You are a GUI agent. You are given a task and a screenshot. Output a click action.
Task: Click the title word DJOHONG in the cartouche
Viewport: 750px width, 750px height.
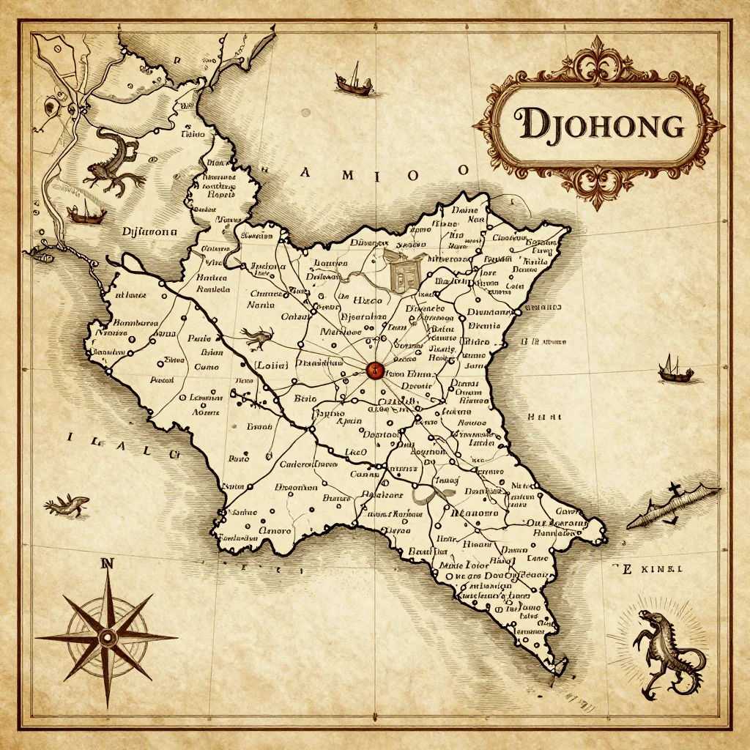pyautogui.click(x=600, y=125)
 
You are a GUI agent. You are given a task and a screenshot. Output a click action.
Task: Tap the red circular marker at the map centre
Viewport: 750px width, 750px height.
pyautogui.click(x=374, y=370)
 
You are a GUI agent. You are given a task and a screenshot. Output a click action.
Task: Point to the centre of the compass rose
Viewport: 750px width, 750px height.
pyautogui.click(x=108, y=636)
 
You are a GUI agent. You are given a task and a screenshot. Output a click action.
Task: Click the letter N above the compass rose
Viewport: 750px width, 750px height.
pyautogui.click(x=108, y=564)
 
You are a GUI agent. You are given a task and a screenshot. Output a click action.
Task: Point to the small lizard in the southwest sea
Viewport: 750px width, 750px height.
pyautogui.click(x=67, y=504)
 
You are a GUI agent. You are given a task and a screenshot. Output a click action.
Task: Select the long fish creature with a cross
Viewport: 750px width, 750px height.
pyautogui.click(x=674, y=505)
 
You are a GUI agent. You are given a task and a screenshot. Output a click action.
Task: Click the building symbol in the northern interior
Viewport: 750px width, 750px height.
pyautogui.click(x=401, y=271)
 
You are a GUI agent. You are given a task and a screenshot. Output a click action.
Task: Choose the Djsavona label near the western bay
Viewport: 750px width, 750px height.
pyautogui.click(x=149, y=231)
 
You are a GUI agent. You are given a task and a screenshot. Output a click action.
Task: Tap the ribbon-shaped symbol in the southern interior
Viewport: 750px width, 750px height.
pyautogui.click(x=433, y=491)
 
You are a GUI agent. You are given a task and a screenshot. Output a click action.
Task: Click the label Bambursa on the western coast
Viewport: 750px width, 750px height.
pyautogui.click(x=136, y=322)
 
